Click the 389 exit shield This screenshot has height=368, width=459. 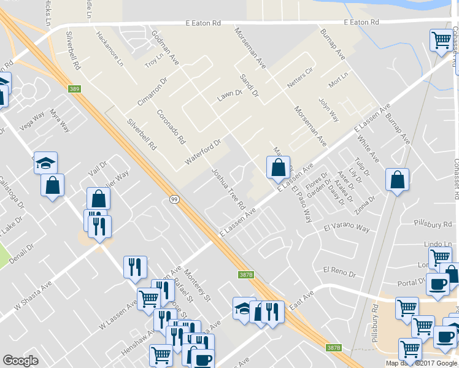tap(74, 90)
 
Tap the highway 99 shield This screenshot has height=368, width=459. tap(174, 199)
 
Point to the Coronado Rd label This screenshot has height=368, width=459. tap(171, 126)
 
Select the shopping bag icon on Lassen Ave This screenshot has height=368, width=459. tap(278, 167)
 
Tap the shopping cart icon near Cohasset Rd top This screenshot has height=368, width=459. tap(441, 41)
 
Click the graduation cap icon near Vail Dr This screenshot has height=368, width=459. tap(45, 163)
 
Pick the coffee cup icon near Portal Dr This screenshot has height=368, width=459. tap(438, 285)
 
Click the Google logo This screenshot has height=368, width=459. tap(20, 361)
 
